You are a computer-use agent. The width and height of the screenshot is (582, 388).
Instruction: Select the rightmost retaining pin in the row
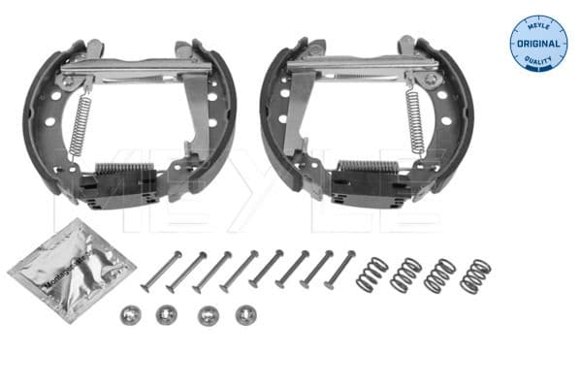pyautogui.click(x=341, y=267)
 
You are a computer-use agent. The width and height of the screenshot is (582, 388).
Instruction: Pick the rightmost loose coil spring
pyautogui.click(x=474, y=275)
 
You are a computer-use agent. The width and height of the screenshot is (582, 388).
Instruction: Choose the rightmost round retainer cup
pyautogui.click(x=246, y=314)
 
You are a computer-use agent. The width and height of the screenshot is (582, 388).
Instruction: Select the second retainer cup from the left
pyautogui.click(x=166, y=315)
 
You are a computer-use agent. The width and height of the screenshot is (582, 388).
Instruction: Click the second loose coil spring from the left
pyautogui.click(x=404, y=275)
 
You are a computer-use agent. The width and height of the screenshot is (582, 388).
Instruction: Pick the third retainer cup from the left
pyautogui.click(x=207, y=315)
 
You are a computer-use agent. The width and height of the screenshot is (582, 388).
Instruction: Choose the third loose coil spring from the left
pyautogui.click(x=440, y=275)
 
